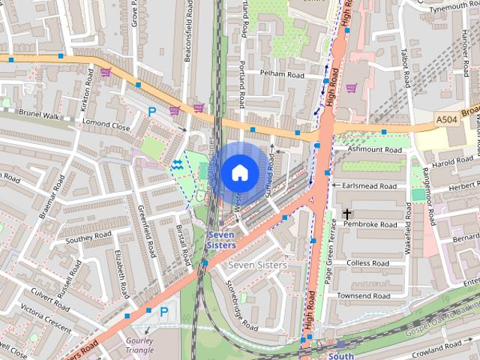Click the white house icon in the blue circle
coord(238,172)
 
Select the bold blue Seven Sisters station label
coord(221,240)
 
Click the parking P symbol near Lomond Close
coord(152,112)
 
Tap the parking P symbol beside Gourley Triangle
coord(164,310)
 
